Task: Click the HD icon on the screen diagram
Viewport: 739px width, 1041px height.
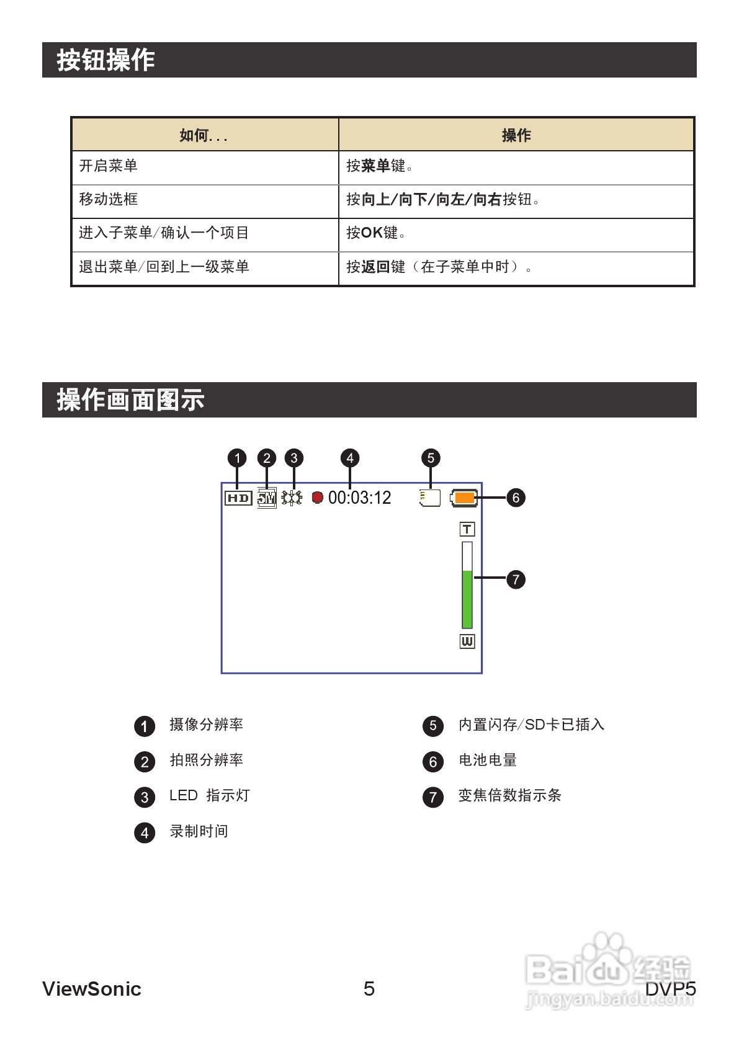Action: (x=238, y=498)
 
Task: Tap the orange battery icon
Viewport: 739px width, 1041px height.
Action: (x=464, y=498)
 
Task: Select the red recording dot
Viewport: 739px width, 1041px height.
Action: (x=318, y=498)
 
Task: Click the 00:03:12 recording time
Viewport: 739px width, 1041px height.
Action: (x=360, y=498)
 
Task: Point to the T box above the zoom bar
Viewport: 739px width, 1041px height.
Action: (x=467, y=529)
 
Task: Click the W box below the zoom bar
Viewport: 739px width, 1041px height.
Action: (x=467, y=641)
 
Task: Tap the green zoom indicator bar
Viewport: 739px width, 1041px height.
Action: (x=467, y=599)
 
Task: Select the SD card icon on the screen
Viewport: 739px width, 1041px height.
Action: (x=430, y=498)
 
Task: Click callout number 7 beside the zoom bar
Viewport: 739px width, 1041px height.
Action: (x=516, y=579)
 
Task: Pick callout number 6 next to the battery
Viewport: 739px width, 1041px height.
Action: (x=516, y=498)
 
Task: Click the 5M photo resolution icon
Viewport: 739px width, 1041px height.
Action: (x=267, y=498)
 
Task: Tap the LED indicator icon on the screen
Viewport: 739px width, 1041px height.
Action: (x=292, y=498)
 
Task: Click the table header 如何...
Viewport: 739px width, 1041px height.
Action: (x=204, y=135)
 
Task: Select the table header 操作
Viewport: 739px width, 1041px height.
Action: (x=516, y=135)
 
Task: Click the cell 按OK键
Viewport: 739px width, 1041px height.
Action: (x=376, y=233)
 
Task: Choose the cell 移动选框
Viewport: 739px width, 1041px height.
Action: (x=109, y=199)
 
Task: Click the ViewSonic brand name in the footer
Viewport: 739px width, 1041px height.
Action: (x=92, y=989)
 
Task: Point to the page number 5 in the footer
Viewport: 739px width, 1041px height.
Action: (x=369, y=989)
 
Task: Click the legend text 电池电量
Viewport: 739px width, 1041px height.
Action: (x=488, y=761)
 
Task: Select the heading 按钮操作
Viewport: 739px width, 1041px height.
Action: (x=106, y=60)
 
